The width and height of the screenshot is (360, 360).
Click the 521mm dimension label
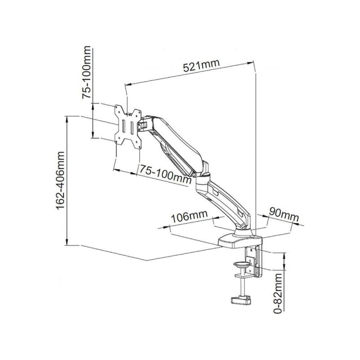coord(201,66)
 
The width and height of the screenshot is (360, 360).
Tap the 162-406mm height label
coord(60,180)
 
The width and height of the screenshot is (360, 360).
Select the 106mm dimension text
coord(189,217)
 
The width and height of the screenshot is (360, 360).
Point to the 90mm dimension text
coord(284,215)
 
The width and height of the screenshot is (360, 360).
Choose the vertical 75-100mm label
coord(86,72)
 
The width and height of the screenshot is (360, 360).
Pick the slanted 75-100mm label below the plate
coord(166,174)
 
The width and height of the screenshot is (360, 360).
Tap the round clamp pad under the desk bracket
coord(242,265)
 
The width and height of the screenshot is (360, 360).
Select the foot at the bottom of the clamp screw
coord(241,301)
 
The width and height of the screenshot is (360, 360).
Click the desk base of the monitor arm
coord(240,241)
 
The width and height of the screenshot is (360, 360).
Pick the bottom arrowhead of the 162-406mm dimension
coord(67,242)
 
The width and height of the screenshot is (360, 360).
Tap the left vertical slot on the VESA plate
coord(124,126)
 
